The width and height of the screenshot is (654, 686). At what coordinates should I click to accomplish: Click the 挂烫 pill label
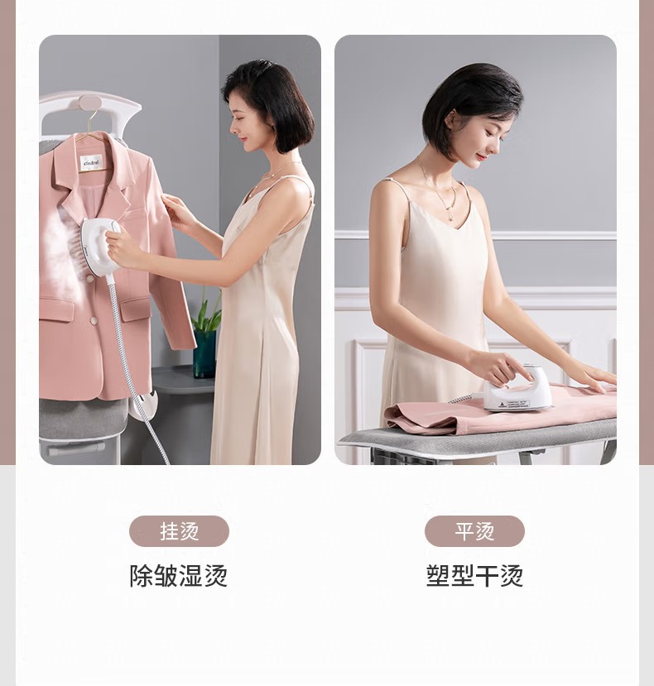click(x=179, y=531)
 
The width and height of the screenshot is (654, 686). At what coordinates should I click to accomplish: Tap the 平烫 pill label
click(x=474, y=531)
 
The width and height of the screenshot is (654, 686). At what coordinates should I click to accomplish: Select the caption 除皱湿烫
click(x=179, y=576)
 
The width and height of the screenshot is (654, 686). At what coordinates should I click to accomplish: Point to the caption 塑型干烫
click(x=474, y=576)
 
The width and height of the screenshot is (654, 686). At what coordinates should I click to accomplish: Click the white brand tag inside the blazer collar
click(x=92, y=163)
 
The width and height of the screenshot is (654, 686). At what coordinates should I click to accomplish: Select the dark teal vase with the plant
click(x=204, y=353)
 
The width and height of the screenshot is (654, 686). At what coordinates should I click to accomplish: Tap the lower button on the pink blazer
click(x=94, y=321)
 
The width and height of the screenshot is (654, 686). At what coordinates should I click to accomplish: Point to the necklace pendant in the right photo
click(x=449, y=217)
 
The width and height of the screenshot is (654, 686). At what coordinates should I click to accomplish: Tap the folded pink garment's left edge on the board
click(x=387, y=419)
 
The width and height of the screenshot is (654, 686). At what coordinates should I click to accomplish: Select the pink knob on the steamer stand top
click(x=90, y=103)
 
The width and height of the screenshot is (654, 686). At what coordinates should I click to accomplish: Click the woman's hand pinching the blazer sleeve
click(x=176, y=210)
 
